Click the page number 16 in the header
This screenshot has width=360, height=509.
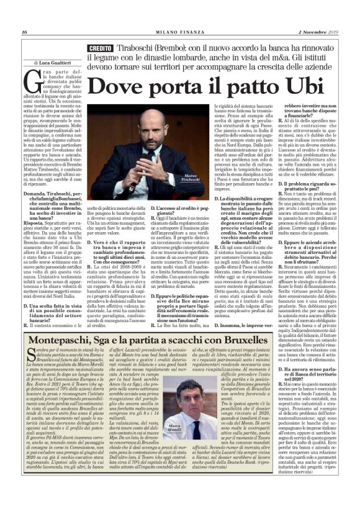(x=24, y=32)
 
